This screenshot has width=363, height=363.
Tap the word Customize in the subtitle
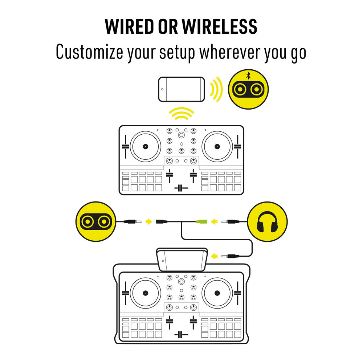point(89,52)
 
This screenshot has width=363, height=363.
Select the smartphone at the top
point(181,89)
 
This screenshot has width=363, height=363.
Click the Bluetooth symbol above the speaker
point(248,76)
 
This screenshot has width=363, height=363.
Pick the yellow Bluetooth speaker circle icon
point(248,89)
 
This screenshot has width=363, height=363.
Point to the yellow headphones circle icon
point(267,221)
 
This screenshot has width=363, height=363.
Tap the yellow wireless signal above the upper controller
point(181,114)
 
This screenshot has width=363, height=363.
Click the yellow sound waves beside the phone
point(217,89)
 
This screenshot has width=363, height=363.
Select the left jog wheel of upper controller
point(145,146)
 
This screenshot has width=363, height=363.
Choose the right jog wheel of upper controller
point(217,146)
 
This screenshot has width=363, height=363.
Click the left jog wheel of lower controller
point(145,293)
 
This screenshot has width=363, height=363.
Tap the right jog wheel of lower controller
point(217,293)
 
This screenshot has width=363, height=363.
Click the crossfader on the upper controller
point(181,188)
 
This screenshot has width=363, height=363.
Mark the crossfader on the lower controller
point(181,334)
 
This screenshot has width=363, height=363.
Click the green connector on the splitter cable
point(201,221)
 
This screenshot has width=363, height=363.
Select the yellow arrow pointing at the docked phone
point(215,256)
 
